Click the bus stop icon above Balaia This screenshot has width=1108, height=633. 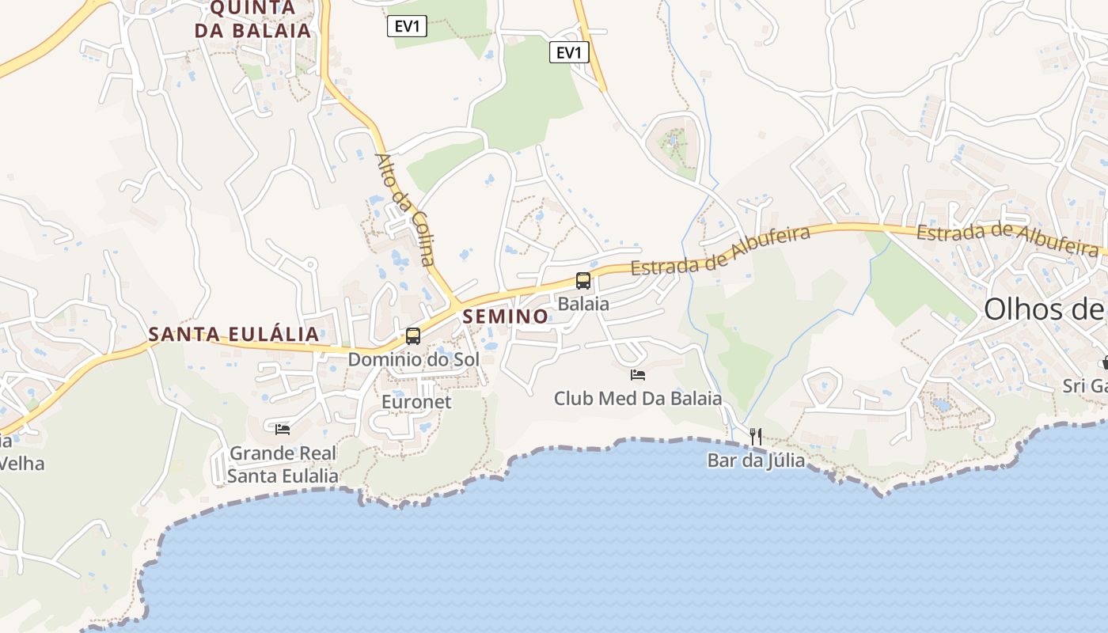coord(583,280)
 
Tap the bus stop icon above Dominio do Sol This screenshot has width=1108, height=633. coord(413,335)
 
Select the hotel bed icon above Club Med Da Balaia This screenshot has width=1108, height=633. coord(638,374)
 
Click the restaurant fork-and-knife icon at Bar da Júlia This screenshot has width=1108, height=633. coord(756,436)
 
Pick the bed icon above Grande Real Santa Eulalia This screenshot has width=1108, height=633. coord(283,430)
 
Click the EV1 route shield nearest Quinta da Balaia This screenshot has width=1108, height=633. coord(408,26)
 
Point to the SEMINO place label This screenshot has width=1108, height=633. coord(506,316)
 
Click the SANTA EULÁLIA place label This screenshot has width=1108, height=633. coord(234,334)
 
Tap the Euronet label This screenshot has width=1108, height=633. coord(416,402)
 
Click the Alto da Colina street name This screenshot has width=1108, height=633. coord(406,209)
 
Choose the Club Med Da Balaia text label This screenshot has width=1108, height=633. coord(638,398)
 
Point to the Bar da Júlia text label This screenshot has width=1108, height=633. coord(756,461)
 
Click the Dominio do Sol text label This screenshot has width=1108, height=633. coord(414,359)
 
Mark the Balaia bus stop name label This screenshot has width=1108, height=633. coord(583,304)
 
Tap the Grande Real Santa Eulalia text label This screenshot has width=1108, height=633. coord(283,464)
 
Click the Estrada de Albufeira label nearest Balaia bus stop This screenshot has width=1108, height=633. coord(721,252)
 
